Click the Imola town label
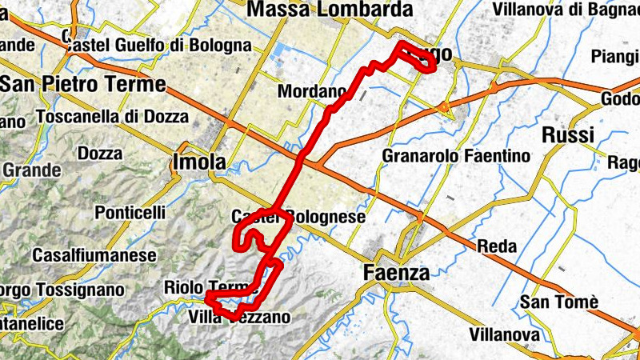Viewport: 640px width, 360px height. tap(199, 162)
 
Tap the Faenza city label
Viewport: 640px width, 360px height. tap(396, 271)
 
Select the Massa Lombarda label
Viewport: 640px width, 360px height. tap(330, 10)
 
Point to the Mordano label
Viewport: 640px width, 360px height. tap(310, 92)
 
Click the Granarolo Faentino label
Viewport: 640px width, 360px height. tap(456, 155)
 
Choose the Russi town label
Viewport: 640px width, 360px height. tap(568, 134)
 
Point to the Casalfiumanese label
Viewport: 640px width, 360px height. tap(94, 255)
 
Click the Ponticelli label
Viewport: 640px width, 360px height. tap(130, 213)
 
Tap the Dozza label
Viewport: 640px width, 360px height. tap(100, 153)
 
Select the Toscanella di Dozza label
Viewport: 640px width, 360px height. tap(112, 117)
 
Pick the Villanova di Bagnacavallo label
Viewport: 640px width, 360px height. tap(565, 10)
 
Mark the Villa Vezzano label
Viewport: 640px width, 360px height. tap(239, 318)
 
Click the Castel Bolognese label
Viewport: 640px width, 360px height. tap(298, 217)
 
